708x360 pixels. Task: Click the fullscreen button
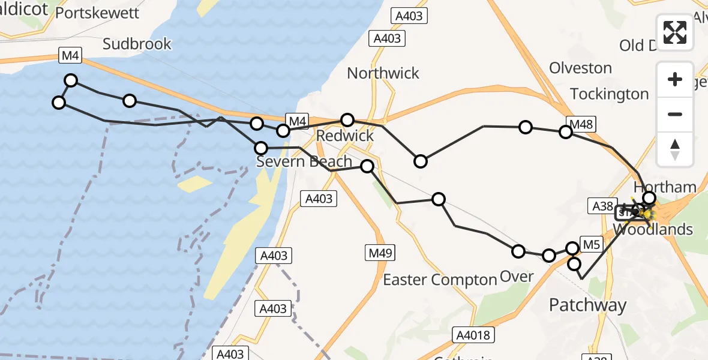(675, 32)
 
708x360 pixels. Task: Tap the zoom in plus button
(675, 79)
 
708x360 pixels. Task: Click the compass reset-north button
(675, 149)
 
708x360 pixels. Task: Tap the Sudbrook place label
(137, 44)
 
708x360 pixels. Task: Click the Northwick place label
(383, 73)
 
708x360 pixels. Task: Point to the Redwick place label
(345, 136)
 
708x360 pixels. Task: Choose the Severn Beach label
(304, 161)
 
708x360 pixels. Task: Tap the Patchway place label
(587, 305)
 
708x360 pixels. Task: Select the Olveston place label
(580, 68)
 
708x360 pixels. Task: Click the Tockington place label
(610, 94)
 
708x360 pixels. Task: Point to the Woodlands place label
(654, 229)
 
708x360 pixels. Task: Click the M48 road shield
(581, 125)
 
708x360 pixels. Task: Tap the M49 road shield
(380, 253)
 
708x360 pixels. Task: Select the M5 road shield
(591, 244)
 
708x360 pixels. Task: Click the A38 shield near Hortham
(602, 206)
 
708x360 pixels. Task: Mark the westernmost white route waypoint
(59, 103)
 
